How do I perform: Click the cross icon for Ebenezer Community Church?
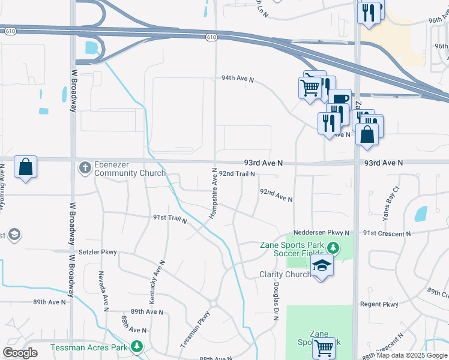(x=85, y=167)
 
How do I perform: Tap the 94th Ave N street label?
(x=238, y=79)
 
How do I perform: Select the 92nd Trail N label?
(x=237, y=173)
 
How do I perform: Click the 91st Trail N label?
(x=170, y=219)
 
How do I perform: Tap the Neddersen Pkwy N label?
(x=321, y=233)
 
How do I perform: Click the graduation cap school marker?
(x=322, y=266)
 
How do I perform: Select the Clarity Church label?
(x=285, y=275)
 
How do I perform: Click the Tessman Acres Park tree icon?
(x=137, y=347)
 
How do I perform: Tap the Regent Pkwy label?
(x=379, y=305)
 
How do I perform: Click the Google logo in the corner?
(x=20, y=353)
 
